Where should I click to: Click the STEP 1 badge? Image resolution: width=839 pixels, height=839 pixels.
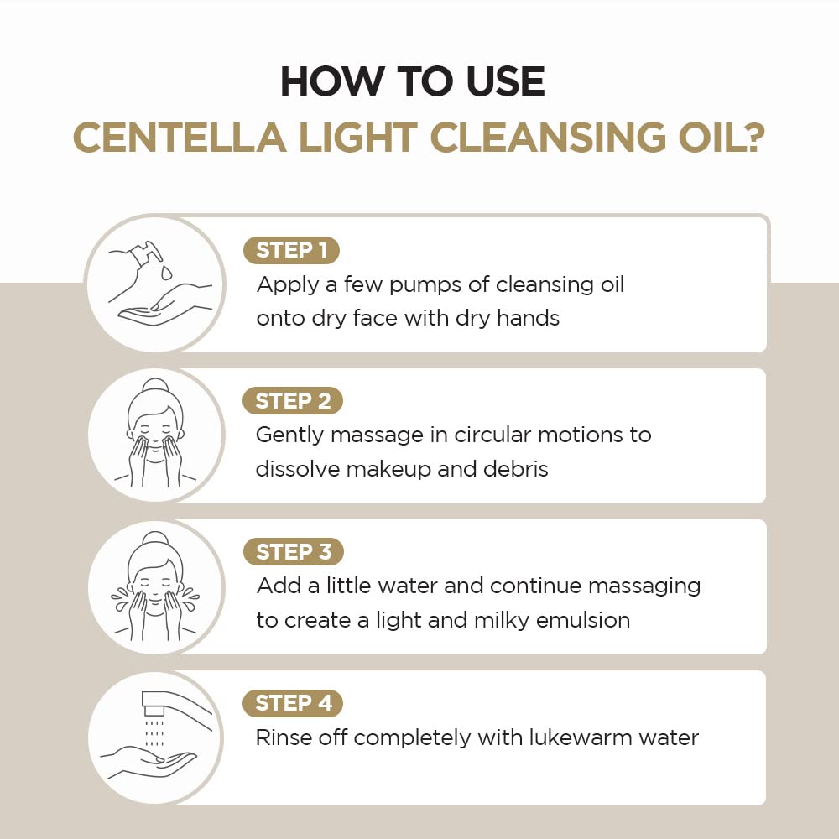pos(291,250)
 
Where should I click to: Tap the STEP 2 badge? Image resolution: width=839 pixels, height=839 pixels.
pos(293,401)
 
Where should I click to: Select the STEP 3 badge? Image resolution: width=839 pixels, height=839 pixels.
pos(293,552)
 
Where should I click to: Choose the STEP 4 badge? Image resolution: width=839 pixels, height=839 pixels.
pos(293,703)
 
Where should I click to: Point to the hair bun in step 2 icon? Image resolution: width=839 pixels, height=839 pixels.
pos(154,387)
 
